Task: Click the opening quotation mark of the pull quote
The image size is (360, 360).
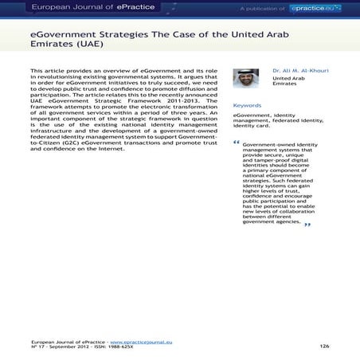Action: (237, 144)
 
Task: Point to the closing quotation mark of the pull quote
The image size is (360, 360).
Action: (307, 225)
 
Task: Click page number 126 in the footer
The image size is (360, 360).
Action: (324, 346)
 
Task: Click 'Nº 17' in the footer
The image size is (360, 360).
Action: (36, 346)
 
